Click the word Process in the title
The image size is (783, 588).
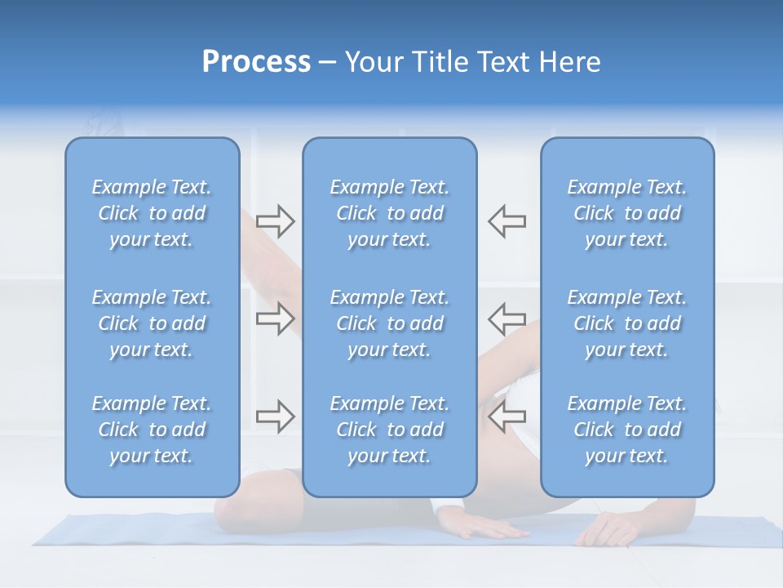coord(256,62)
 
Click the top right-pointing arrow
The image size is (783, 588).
coord(275,220)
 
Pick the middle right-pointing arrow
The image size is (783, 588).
coord(275,318)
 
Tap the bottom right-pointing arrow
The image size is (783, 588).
coord(275,416)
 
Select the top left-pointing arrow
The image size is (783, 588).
coord(507,220)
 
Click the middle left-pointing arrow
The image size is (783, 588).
coord(507,318)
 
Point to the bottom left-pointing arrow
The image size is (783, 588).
coord(507,416)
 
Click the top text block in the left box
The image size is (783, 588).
coord(152,213)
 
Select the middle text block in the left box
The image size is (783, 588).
coord(152,323)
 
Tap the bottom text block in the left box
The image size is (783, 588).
coord(152,430)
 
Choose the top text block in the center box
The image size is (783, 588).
coord(389,213)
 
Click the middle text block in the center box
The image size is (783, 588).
coord(389,323)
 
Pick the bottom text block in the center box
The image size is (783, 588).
coord(389,430)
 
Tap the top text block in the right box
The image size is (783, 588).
coord(626,213)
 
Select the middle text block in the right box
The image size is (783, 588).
coord(626,323)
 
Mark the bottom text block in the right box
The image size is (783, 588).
coord(626,430)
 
